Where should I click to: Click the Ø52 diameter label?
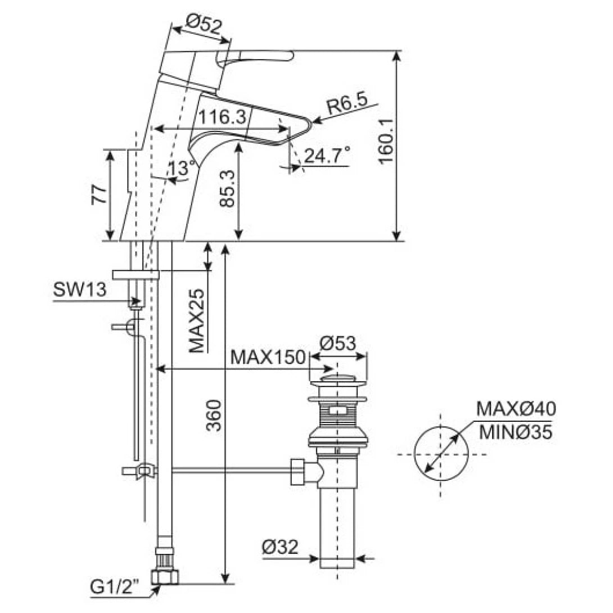point(204,24)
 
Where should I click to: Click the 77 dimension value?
point(99,195)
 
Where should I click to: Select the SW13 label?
point(78,290)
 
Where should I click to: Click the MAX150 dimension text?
point(268,357)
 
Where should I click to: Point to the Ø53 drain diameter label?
point(339,342)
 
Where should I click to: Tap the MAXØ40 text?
point(516,409)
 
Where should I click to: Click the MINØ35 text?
point(515,432)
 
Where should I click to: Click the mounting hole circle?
point(441,454)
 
